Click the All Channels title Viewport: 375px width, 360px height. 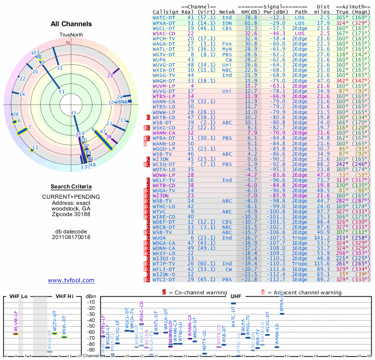pyautogui.click(x=71, y=24)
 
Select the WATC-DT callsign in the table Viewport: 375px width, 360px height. pyautogui.click(x=164, y=17)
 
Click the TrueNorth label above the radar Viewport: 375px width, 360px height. pyautogui.click(x=71, y=35)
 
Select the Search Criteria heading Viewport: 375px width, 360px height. pyautogui.click(x=71, y=187)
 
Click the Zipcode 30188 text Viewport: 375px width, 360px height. pyautogui.click(x=71, y=214)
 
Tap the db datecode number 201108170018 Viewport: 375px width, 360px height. pyautogui.click(x=71, y=237)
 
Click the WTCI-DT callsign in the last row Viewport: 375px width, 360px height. pyautogui.click(x=164, y=280)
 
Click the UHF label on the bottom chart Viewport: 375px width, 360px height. pyautogui.click(x=236, y=297)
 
